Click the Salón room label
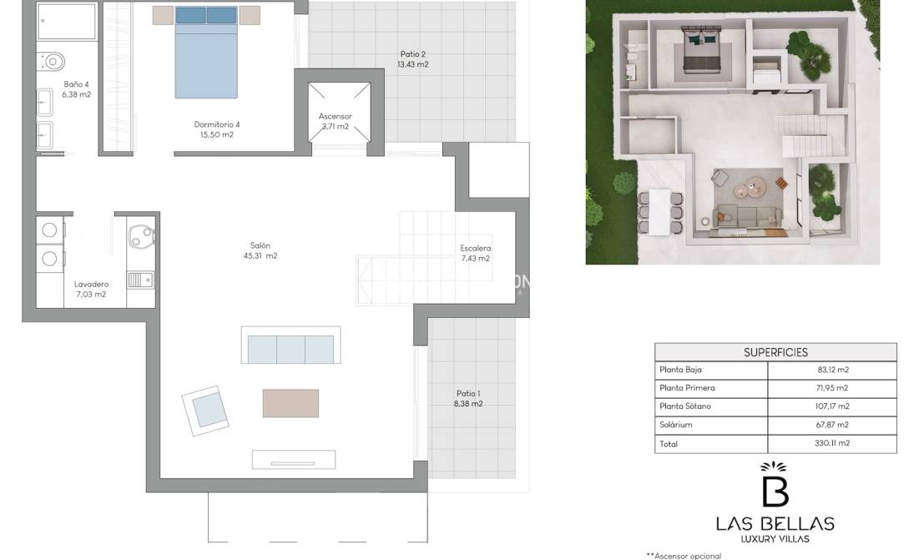coord(260,245)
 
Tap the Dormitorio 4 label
coord(217,124)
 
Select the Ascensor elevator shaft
coord(340,112)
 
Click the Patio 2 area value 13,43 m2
coord(412,64)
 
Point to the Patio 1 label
coord(468,394)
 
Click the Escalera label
coord(475,249)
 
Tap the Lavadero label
coord(92,284)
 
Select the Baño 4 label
coord(76,84)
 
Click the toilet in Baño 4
coord(50,61)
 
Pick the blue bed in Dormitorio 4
coord(206,52)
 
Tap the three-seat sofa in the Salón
coord(290,346)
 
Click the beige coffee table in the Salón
coord(290,404)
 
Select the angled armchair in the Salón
coord(205,411)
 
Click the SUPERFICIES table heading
coord(775,353)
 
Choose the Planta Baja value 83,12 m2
coord(833,370)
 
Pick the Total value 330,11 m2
coord(832,443)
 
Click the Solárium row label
coord(676,425)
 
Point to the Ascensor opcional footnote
coord(684,556)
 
